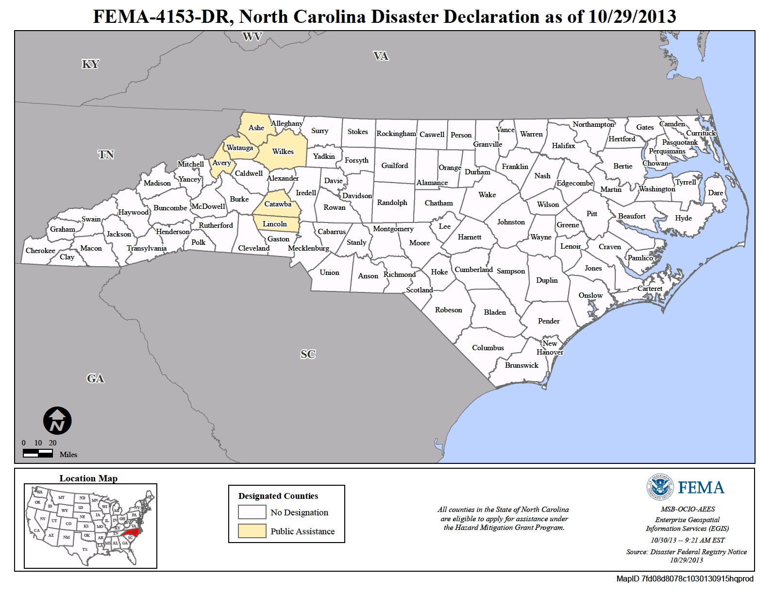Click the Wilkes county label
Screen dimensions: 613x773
pos(283,152)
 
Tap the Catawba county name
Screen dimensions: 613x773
pos(278,204)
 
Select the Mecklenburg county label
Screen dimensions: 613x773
pos(308,248)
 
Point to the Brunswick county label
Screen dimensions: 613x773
pos(521,365)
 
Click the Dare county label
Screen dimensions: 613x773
pos(715,193)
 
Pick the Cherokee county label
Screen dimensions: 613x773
pos(40,251)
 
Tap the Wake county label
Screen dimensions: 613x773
pos(487,195)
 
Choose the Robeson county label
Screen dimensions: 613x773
pos(448,310)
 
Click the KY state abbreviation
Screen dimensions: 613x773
pos(90,64)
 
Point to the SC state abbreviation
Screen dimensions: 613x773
pos(308,354)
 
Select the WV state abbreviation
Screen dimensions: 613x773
pos(252,37)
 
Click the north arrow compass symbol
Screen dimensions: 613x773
pos(57,421)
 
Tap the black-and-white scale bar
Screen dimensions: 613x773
pos(38,453)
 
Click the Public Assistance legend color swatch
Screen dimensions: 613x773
pos(252,531)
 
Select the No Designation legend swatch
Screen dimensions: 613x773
pos(252,512)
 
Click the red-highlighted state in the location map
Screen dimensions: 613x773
pos(131,533)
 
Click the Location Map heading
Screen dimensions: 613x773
pos(88,478)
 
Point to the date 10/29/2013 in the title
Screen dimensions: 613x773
pos(632,17)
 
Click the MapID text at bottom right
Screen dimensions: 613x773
pos(685,579)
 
